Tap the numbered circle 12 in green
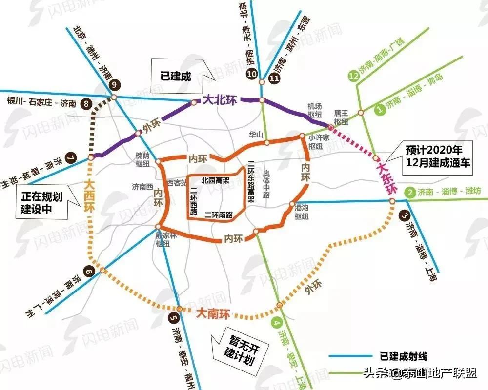[354, 76]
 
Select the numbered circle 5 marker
[173, 318]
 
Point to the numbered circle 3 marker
[405, 215]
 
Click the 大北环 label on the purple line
[219, 100]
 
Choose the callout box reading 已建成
[176, 76]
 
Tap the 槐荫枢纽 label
[142, 159]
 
